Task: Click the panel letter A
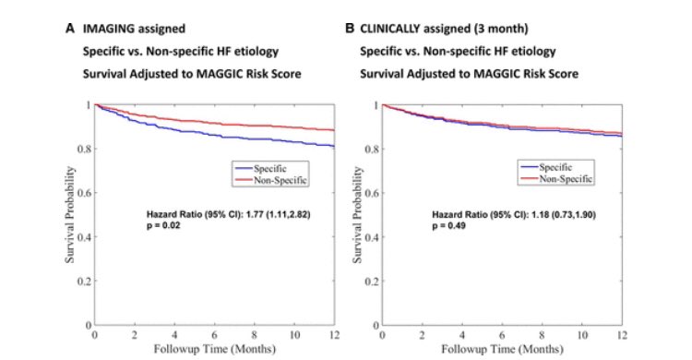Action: pyautogui.click(x=70, y=29)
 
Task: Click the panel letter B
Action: pyautogui.click(x=350, y=29)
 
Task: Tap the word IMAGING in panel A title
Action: pyautogui.click(x=106, y=30)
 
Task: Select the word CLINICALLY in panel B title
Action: pyautogui.click(x=388, y=29)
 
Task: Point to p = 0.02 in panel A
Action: pyautogui.click(x=163, y=226)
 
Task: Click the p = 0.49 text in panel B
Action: pyautogui.click(x=448, y=226)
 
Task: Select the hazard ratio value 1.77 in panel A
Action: pyautogui.click(x=255, y=215)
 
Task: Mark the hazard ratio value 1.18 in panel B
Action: pyautogui.click(x=540, y=215)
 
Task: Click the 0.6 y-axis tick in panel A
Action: pyautogui.click(x=84, y=193)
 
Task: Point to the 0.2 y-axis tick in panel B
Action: pyautogui.click(x=372, y=282)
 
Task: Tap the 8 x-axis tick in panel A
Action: pyautogui.click(x=255, y=335)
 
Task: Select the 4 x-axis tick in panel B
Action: pyautogui.click(x=462, y=336)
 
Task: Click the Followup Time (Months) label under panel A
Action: pyautogui.click(x=214, y=350)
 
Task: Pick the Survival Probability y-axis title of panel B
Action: pyautogui.click(x=357, y=215)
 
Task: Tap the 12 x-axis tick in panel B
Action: pyautogui.click(x=622, y=336)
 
